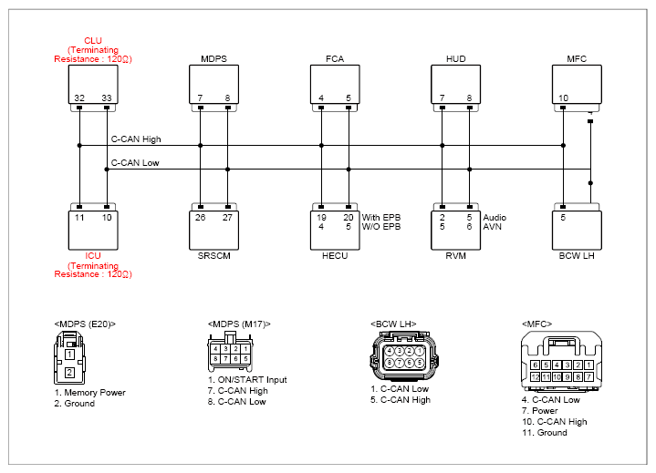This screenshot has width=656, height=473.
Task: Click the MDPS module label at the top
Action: click(x=213, y=58)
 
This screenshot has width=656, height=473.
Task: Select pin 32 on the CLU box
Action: click(x=79, y=98)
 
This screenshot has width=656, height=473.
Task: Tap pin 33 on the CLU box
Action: click(x=107, y=98)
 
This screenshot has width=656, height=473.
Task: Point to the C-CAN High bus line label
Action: click(x=136, y=139)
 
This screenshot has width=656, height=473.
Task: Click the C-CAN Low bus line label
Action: click(x=135, y=162)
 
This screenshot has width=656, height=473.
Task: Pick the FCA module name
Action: click(x=335, y=58)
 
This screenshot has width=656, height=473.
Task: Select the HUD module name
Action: click(x=455, y=58)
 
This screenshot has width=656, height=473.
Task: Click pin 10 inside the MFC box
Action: click(x=563, y=98)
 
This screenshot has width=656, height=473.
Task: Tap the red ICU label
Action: click(x=93, y=256)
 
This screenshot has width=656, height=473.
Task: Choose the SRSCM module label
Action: click(x=213, y=256)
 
